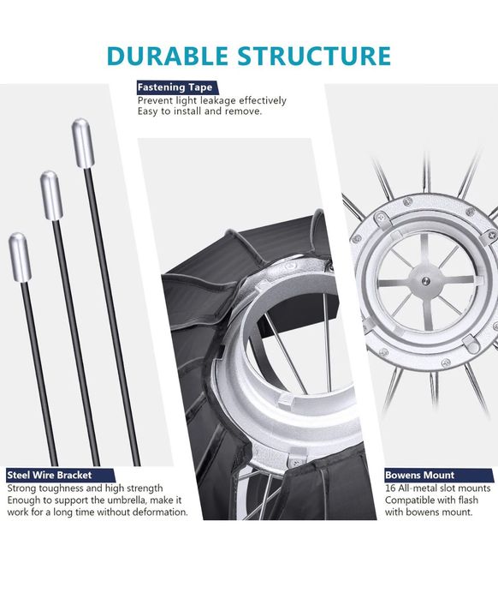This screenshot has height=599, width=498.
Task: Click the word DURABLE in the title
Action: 168,56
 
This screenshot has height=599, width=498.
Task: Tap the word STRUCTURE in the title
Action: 314,56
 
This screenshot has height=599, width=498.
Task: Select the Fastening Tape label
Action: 175,87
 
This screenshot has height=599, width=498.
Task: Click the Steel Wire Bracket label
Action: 50,476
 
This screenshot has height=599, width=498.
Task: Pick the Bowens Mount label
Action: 420,476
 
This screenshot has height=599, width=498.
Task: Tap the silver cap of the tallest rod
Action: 83,143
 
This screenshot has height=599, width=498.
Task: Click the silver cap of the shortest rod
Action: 20,257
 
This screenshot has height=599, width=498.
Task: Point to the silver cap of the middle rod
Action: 51,195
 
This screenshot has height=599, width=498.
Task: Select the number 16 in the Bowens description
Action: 390,488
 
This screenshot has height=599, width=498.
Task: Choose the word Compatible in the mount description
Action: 408,500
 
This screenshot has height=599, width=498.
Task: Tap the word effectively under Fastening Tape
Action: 263,101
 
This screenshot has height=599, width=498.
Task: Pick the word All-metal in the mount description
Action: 417,488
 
